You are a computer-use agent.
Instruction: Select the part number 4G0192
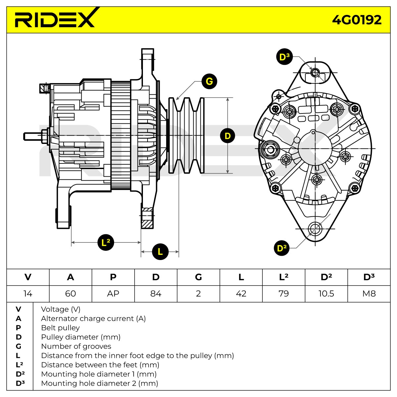coord(357,20)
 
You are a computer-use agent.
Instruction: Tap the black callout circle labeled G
coord(209,81)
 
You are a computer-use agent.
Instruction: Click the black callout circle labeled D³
coord(284,57)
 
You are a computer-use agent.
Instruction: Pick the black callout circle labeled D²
coord(282,248)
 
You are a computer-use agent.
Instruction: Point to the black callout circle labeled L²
coord(106,243)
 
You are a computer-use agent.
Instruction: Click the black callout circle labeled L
coord(160,251)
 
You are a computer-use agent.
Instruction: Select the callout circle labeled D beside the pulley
coord(228,136)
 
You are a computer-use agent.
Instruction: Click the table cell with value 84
coord(156,293)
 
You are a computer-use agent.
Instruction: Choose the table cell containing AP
coord(113,293)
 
